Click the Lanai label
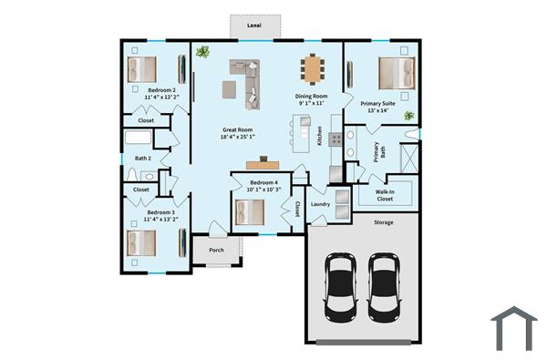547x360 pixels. tap(255, 26)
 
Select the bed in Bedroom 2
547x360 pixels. tap(143, 68)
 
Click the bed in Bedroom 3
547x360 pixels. tap(141, 243)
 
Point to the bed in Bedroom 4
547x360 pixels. tap(250, 211)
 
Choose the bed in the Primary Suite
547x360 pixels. tap(396, 72)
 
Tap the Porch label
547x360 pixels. tap(216, 250)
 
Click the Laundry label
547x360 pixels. tap(320, 204)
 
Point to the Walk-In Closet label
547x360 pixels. tap(385, 194)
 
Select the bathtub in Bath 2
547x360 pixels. tap(139, 139)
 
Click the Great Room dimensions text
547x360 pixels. tap(238, 138)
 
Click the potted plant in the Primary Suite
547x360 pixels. tap(409, 116)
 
